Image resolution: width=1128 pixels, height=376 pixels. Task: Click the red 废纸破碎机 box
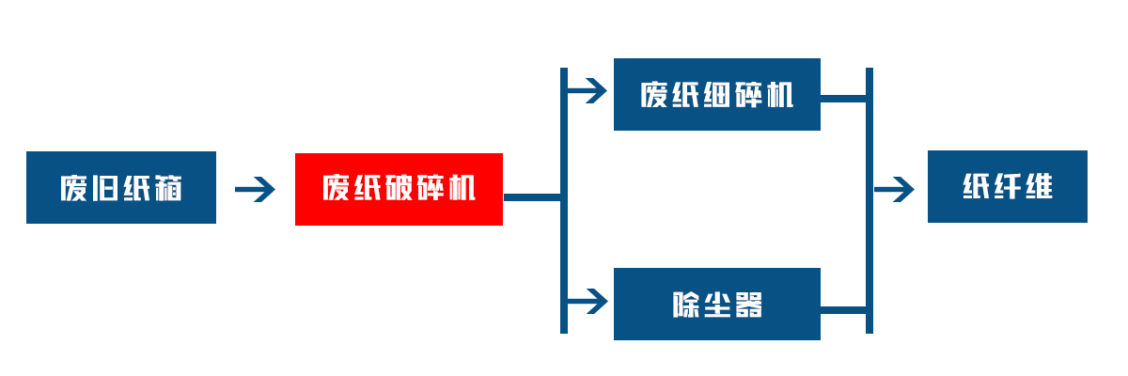(x=399, y=189)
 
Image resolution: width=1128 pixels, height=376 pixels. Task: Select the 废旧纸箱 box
(x=120, y=188)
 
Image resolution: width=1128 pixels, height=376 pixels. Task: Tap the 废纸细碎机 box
(x=717, y=95)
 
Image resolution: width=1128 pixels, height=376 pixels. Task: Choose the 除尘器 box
(x=717, y=305)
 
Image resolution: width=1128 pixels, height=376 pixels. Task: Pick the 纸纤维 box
(x=1007, y=187)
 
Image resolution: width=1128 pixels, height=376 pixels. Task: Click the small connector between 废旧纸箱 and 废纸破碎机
(x=255, y=189)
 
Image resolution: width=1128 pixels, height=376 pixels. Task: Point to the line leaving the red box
(x=531, y=196)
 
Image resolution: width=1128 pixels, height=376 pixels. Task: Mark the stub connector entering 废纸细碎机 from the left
(x=589, y=91)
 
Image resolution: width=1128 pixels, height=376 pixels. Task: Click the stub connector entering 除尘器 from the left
(x=589, y=301)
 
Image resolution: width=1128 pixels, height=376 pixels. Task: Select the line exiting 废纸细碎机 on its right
(x=843, y=96)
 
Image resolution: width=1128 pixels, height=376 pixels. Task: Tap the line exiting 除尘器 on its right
(x=843, y=308)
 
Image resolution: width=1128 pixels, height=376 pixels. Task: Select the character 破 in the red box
(x=399, y=189)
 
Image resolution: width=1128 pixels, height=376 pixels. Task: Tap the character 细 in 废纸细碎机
(x=717, y=95)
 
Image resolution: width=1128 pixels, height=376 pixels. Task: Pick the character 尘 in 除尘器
(x=717, y=305)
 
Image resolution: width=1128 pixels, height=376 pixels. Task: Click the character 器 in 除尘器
(x=748, y=305)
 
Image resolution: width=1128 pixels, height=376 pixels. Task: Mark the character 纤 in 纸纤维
(x=1007, y=187)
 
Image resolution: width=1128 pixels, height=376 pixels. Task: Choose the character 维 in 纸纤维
(x=1038, y=187)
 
